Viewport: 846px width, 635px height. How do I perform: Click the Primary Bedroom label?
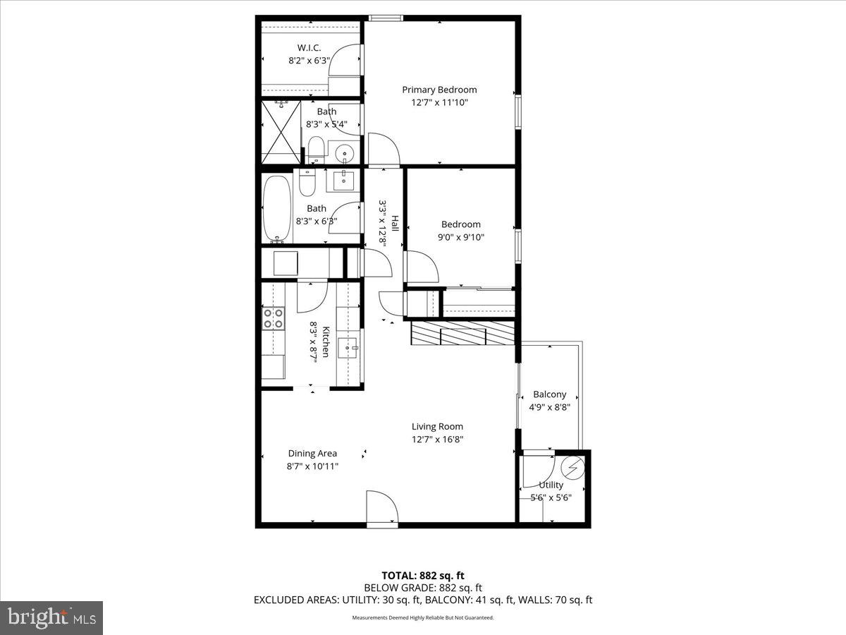click(439, 90)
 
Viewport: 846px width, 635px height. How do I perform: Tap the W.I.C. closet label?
click(309, 48)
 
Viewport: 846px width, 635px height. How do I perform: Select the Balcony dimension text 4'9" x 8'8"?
click(549, 406)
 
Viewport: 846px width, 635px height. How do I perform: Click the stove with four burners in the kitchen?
click(273, 319)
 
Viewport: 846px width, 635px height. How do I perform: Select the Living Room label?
click(437, 426)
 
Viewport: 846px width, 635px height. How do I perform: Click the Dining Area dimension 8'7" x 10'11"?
click(312, 466)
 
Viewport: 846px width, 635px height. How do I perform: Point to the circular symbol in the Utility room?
click(573, 467)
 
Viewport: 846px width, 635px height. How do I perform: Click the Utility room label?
click(551, 485)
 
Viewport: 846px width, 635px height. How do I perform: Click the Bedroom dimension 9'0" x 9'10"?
click(460, 237)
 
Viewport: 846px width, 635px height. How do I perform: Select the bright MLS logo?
click(51, 617)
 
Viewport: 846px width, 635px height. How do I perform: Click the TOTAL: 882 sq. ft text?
click(422, 576)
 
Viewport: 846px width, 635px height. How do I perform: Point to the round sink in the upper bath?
click(345, 151)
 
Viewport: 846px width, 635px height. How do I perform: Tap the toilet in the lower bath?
click(307, 183)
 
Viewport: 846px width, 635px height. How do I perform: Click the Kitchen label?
click(326, 341)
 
